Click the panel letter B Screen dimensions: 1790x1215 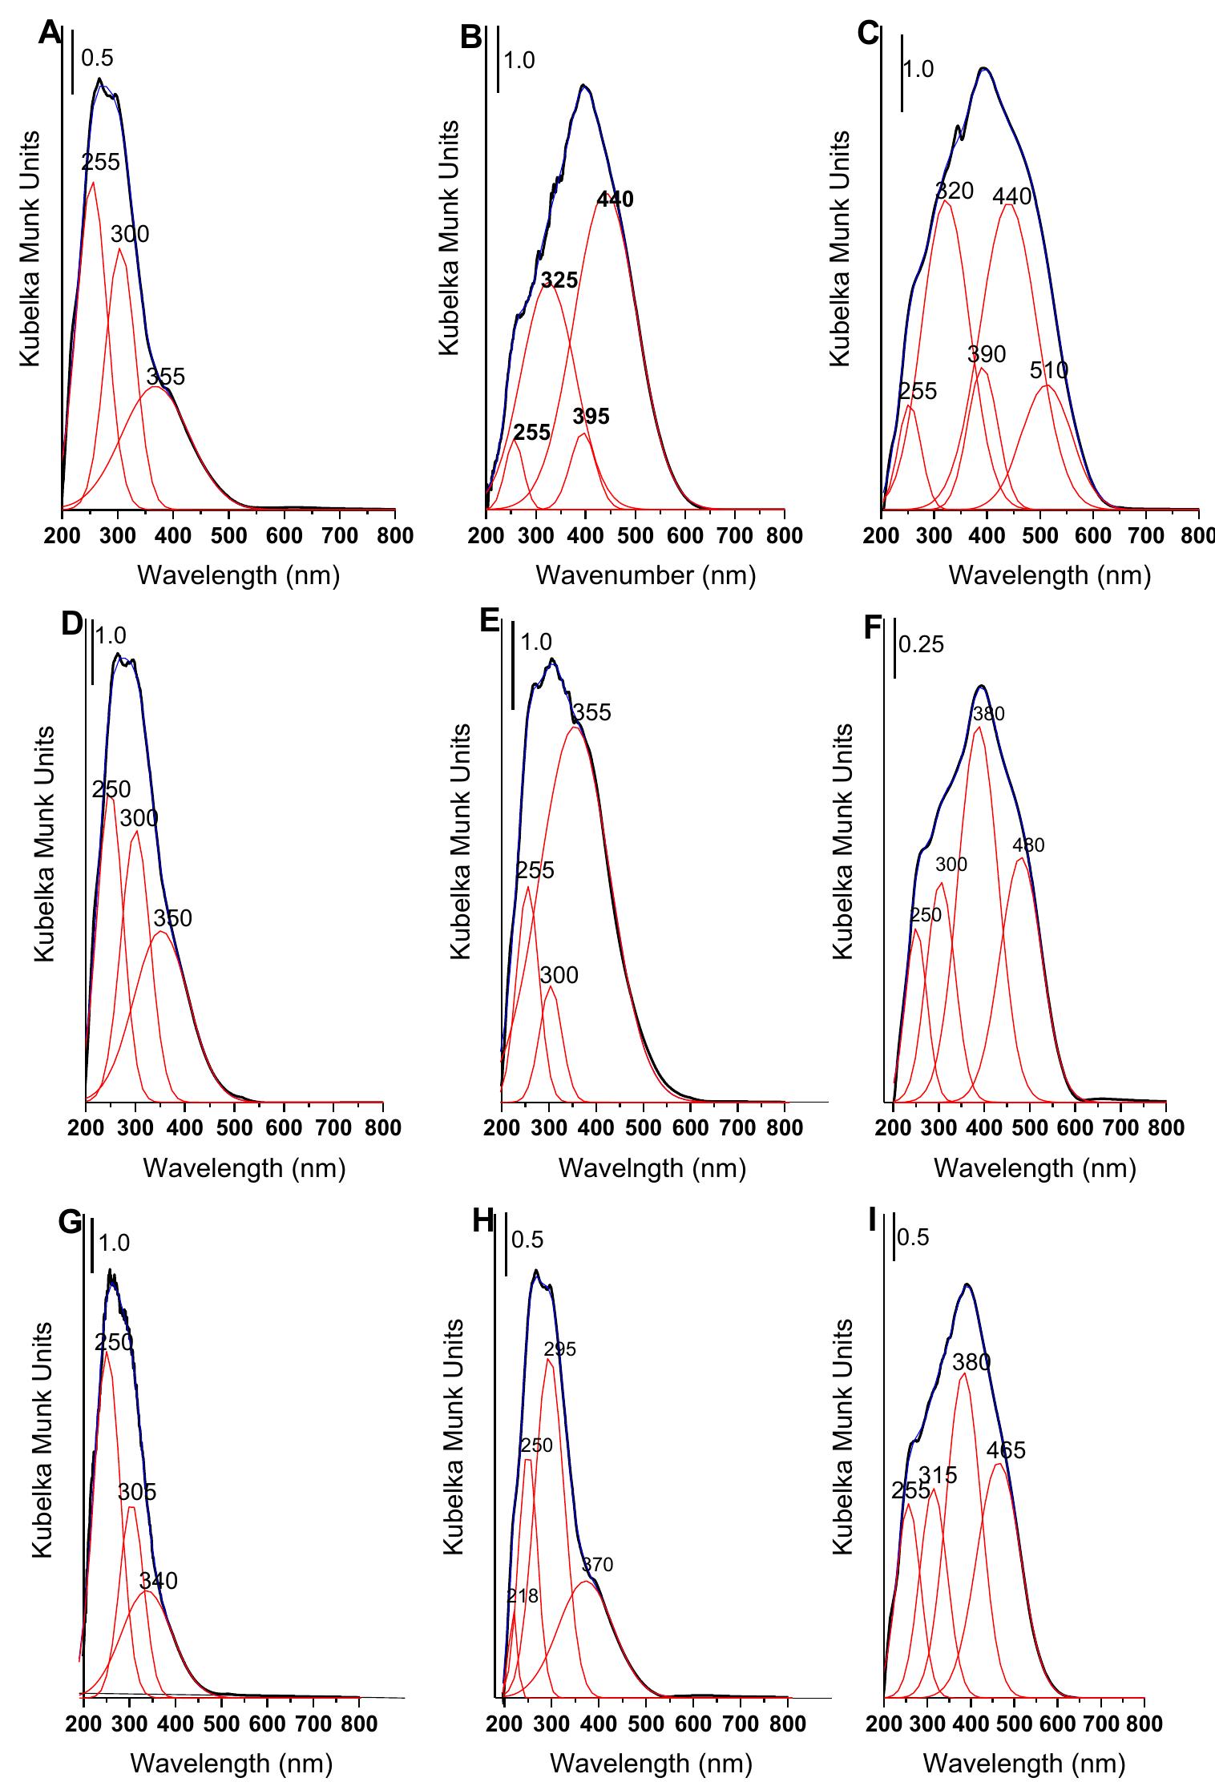[473, 38]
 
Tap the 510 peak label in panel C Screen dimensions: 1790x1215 [1049, 370]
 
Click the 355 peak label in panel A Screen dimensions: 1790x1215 [166, 377]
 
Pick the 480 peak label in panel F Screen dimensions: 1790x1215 [1028, 845]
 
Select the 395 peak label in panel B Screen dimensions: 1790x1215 [591, 417]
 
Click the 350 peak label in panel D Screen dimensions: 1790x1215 [173, 918]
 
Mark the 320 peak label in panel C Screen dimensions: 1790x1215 [954, 191]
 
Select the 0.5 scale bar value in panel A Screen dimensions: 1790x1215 [97, 58]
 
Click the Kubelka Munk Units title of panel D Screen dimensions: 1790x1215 [45, 844]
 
